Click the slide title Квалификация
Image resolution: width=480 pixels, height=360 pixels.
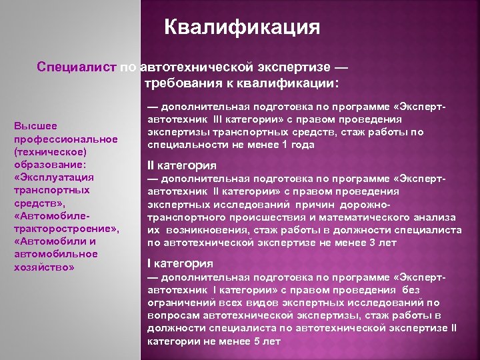pos(242,27)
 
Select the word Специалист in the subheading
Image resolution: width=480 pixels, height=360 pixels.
pos(77,67)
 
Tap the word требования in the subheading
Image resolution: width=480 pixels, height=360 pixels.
pos(181,83)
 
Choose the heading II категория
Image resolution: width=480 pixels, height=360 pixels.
pos(181,166)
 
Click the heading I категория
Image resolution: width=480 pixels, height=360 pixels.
pos(180,263)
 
